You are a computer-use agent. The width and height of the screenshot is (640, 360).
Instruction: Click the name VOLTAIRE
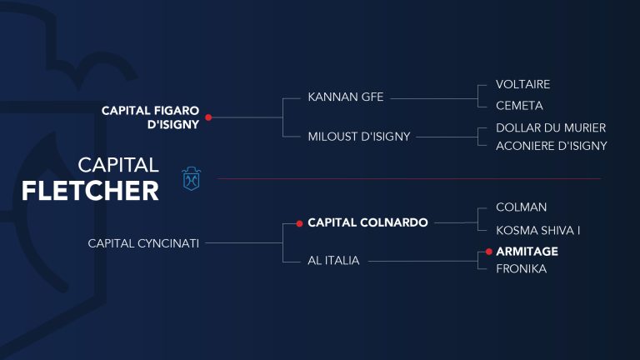(522, 84)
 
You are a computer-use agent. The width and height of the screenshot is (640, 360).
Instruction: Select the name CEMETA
(519, 106)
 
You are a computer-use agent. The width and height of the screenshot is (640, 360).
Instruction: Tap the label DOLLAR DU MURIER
(551, 127)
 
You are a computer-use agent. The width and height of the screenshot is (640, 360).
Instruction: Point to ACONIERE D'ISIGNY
(552, 146)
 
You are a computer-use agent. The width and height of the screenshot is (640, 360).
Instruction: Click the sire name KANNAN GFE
(345, 97)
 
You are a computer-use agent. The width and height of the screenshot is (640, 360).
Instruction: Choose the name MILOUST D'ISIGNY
(359, 137)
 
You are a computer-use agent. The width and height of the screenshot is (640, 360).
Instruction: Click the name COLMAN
(521, 207)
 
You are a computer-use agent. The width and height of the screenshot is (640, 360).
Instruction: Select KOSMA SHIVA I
(538, 231)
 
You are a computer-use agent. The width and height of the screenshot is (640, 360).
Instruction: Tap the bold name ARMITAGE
(527, 252)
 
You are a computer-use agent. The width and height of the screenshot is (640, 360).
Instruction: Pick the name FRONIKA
(521, 269)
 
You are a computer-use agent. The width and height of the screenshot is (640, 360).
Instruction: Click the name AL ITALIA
(333, 260)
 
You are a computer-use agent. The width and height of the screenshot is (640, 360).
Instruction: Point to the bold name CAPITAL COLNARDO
(367, 222)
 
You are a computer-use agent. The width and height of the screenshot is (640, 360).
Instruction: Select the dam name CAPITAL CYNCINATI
(143, 243)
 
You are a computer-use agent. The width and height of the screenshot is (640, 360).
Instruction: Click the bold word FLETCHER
(90, 191)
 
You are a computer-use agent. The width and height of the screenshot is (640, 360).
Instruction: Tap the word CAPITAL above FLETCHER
(118, 165)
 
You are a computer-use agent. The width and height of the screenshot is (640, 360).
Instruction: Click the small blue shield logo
(191, 178)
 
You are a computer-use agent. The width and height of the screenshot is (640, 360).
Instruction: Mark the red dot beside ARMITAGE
(489, 252)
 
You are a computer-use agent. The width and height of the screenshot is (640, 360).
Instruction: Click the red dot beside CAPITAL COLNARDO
(300, 223)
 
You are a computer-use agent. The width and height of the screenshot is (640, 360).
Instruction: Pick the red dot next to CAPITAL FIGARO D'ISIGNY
(208, 117)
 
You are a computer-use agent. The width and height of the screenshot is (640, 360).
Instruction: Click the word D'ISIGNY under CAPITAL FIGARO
(173, 124)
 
